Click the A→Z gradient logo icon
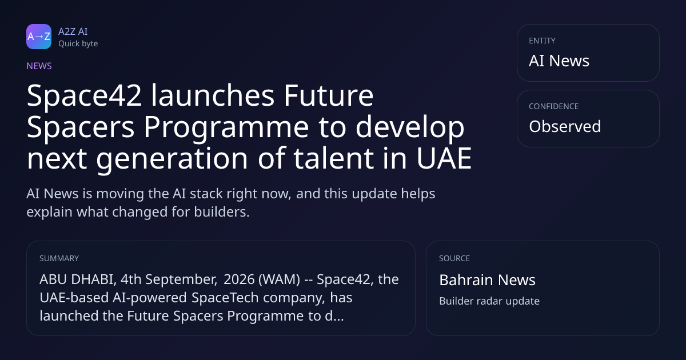(39, 37)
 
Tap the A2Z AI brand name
(73, 31)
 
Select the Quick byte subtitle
(78, 44)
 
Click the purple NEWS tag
(39, 66)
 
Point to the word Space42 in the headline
(84, 97)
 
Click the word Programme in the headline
(226, 128)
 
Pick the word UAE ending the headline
(444, 158)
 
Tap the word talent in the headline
(333, 158)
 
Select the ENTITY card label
(542, 41)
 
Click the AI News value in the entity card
(559, 61)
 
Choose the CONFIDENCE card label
(554, 106)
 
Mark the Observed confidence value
(565, 126)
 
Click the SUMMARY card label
(59, 258)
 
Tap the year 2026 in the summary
(239, 279)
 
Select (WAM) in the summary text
(280, 279)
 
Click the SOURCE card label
(454, 258)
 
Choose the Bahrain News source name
(487, 280)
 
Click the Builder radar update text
(489, 301)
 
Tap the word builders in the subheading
(222, 212)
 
